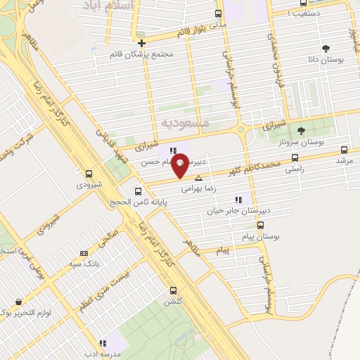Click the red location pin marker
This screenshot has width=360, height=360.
click(x=180, y=165)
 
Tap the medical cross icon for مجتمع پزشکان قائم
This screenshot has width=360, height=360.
click(x=141, y=42)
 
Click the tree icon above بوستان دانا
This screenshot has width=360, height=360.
click(x=325, y=49)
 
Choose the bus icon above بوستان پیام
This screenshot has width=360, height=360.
click(x=261, y=226)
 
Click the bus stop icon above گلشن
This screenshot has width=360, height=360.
click(x=173, y=290)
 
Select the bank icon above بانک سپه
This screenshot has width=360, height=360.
click(x=84, y=253)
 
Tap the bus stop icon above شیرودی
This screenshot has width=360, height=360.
click(x=89, y=173)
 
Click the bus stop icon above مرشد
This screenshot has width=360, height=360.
click(x=344, y=150)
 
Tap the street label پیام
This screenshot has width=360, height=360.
click(x=224, y=250)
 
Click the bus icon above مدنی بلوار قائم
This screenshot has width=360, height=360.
click(x=218, y=13)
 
